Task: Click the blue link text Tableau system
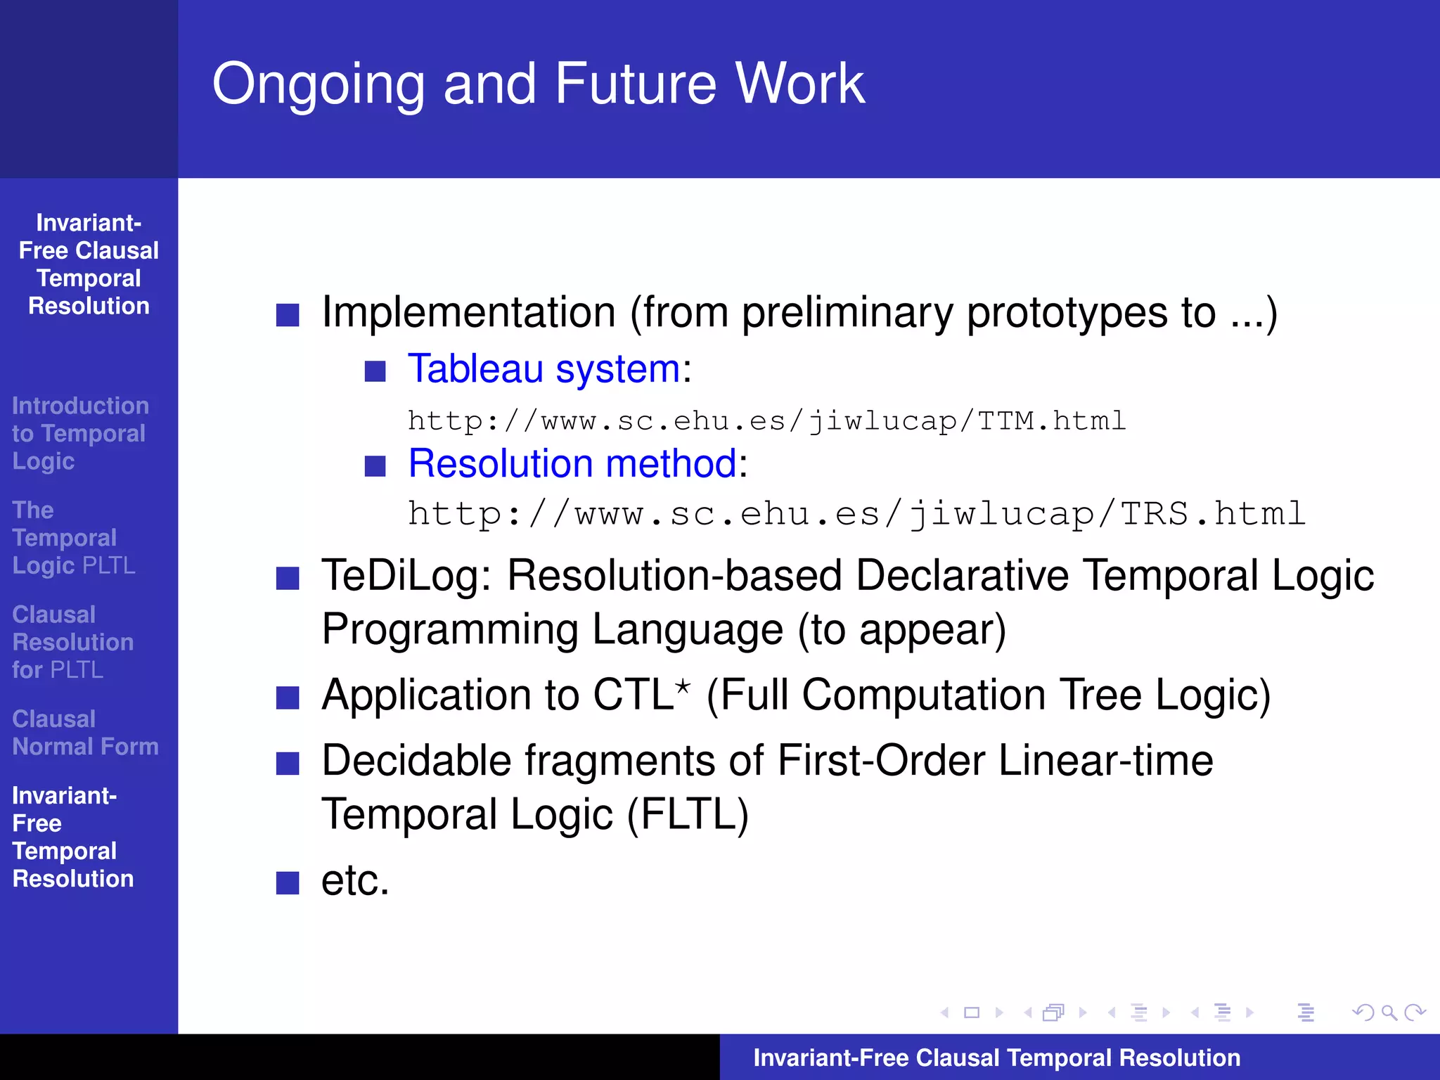pyautogui.click(x=544, y=369)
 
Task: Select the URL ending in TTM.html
pyautogui.click(x=766, y=421)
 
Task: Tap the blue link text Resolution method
pyautogui.click(x=572, y=464)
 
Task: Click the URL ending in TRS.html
pyautogui.click(x=856, y=514)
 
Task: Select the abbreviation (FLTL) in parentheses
pyautogui.click(x=687, y=815)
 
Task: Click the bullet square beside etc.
pyautogui.click(x=288, y=882)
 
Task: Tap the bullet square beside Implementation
pyautogui.click(x=288, y=315)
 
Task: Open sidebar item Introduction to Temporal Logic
pyautogui.click(x=79, y=433)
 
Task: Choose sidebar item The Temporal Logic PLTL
pyautogui.click(x=73, y=538)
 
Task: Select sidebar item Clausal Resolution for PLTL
pyautogui.click(x=72, y=642)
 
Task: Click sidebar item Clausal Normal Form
pyautogui.click(x=84, y=733)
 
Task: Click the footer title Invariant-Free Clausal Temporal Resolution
pyautogui.click(x=996, y=1057)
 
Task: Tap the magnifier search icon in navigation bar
pyautogui.click(x=1389, y=1012)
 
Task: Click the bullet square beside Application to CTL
pyautogui.click(x=288, y=697)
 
